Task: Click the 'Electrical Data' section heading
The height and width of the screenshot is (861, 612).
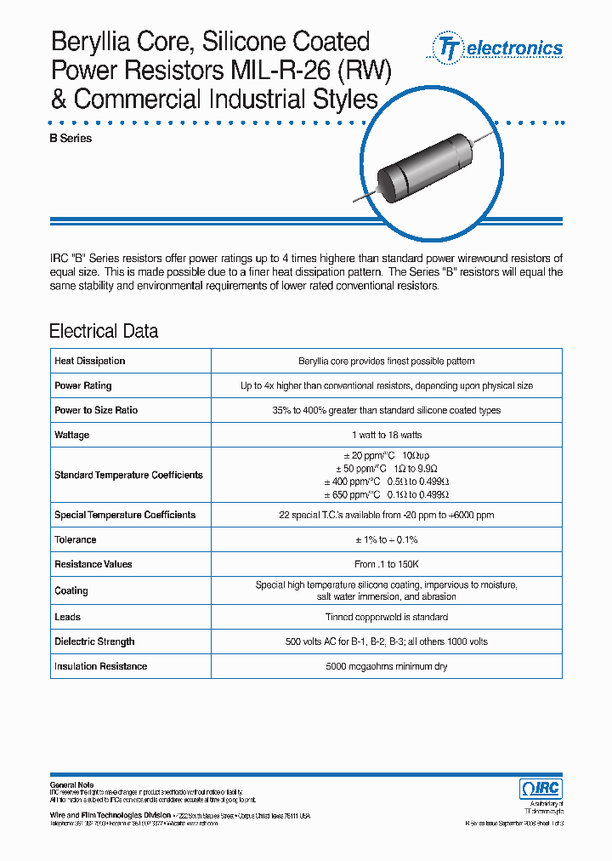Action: [104, 331]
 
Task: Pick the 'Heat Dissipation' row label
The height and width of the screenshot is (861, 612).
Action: [90, 361]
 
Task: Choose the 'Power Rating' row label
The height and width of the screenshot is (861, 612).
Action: [83, 385]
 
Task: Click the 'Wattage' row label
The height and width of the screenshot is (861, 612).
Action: [72, 435]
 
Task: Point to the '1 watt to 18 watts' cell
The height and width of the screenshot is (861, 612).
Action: [387, 435]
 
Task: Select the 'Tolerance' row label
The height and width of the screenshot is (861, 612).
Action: [76, 539]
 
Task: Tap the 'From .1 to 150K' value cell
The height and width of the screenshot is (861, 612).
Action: [387, 564]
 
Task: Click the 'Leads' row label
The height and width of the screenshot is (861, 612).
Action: [68, 617]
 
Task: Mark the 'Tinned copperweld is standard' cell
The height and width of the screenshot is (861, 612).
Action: [387, 617]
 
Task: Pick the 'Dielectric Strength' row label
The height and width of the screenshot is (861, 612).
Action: [94, 641]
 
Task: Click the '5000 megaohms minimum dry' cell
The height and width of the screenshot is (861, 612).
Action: [387, 666]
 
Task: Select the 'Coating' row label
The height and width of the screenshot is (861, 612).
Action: [71, 590]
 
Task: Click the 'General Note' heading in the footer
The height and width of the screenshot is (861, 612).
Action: [72, 784]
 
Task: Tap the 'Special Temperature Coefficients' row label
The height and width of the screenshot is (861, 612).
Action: [125, 515]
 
